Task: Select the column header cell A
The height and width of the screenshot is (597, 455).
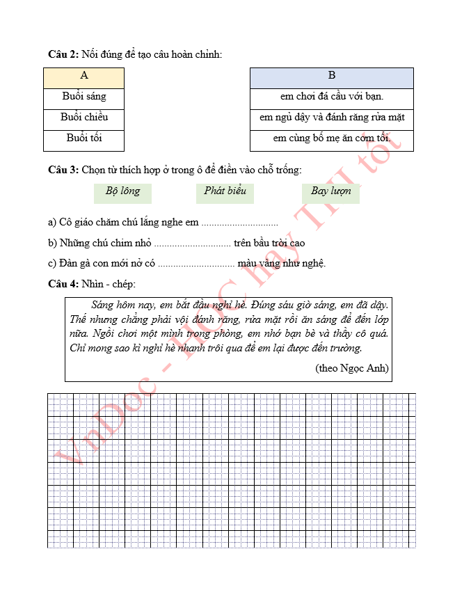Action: tap(84, 76)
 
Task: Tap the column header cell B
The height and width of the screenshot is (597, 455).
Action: tap(332, 76)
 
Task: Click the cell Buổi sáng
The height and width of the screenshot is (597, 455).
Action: tap(84, 97)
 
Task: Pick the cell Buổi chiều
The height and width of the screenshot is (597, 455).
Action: tap(84, 118)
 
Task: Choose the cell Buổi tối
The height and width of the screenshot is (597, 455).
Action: tap(84, 138)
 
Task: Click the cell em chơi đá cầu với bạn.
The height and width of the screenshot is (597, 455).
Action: tap(332, 97)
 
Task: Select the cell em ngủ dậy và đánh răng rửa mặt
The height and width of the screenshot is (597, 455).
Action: tap(332, 118)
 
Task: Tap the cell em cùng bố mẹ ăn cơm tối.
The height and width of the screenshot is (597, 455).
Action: tap(332, 138)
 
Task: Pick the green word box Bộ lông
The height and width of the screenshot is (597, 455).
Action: tap(122, 191)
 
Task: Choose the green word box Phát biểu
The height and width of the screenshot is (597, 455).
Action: tap(225, 191)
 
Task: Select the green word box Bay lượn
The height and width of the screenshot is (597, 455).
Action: tap(331, 191)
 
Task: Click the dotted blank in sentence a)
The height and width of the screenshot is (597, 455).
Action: tap(239, 224)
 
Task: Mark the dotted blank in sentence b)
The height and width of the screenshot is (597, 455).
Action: tap(192, 244)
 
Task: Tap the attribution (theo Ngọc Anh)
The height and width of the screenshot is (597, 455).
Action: tap(351, 368)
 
